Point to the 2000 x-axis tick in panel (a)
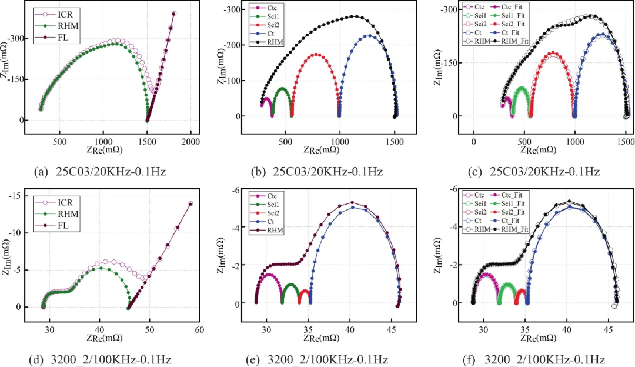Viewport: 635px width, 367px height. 190,142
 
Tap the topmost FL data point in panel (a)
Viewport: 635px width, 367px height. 174,13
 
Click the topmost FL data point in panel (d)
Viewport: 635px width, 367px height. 190,203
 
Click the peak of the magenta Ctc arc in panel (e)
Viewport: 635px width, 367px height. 268,275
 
